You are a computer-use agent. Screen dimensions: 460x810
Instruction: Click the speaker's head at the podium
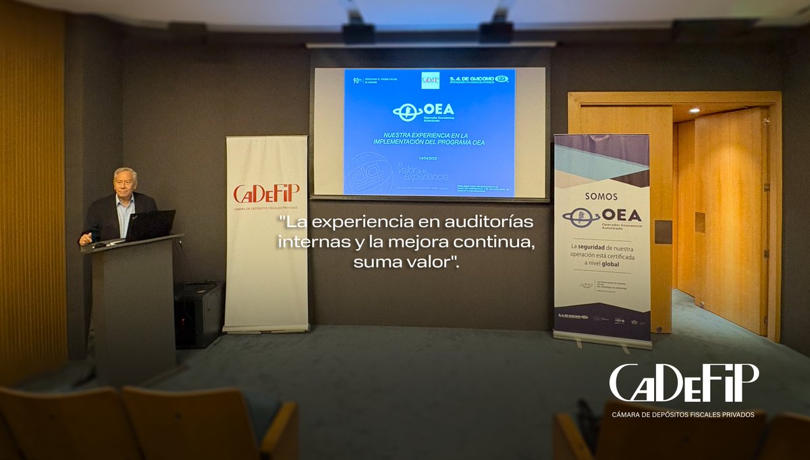pyautogui.click(x=125, y=181)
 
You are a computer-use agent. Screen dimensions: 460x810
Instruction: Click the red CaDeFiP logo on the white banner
pyautogui.click(x=266, y=195)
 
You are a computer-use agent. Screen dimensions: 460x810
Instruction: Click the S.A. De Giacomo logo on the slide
pyautogui.click(x=479, y=80)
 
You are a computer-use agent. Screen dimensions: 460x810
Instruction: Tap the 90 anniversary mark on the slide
pyautogui.click(x=358, y=80)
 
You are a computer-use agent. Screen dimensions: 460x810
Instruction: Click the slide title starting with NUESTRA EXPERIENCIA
pyautogui.click(x=430, y=138)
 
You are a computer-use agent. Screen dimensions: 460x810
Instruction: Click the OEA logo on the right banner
pyautogui.click(x=602, y=217)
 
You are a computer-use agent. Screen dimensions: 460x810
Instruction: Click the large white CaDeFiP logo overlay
pyautogui.click(x=684, y=383)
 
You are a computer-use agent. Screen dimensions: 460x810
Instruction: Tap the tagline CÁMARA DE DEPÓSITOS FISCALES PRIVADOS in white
pyautogui.click(x=683, y=414)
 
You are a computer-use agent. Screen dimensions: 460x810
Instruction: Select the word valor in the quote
pyautogui.click(x=424, y=261)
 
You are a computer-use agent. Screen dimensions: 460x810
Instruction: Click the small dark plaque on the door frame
pyautogui.click(x=663, y=232)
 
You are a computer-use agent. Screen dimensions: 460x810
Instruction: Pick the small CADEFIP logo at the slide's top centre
pyautogui.click(x=430, y=80)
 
